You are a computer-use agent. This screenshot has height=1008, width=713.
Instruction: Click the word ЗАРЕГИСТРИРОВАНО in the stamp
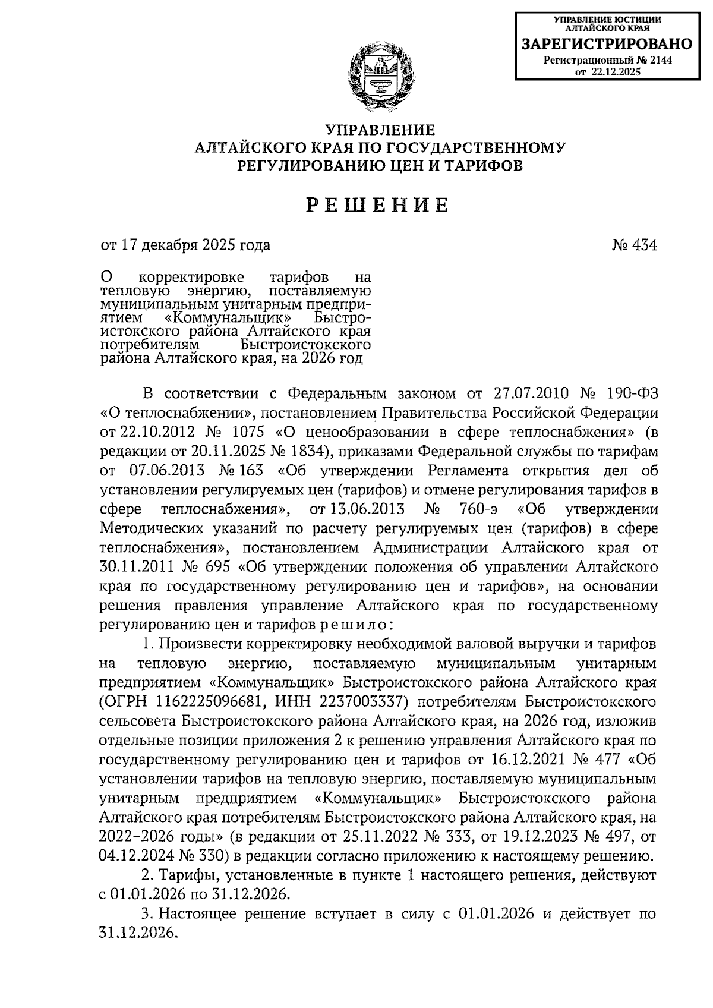pyautogui.click(x=607, y=44)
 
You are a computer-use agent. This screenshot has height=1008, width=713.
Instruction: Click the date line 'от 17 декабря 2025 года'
pyautogui.click(x=185, y=245)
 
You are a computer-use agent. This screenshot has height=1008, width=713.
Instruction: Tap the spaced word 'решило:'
pyautogui.click(x=356, y=625)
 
